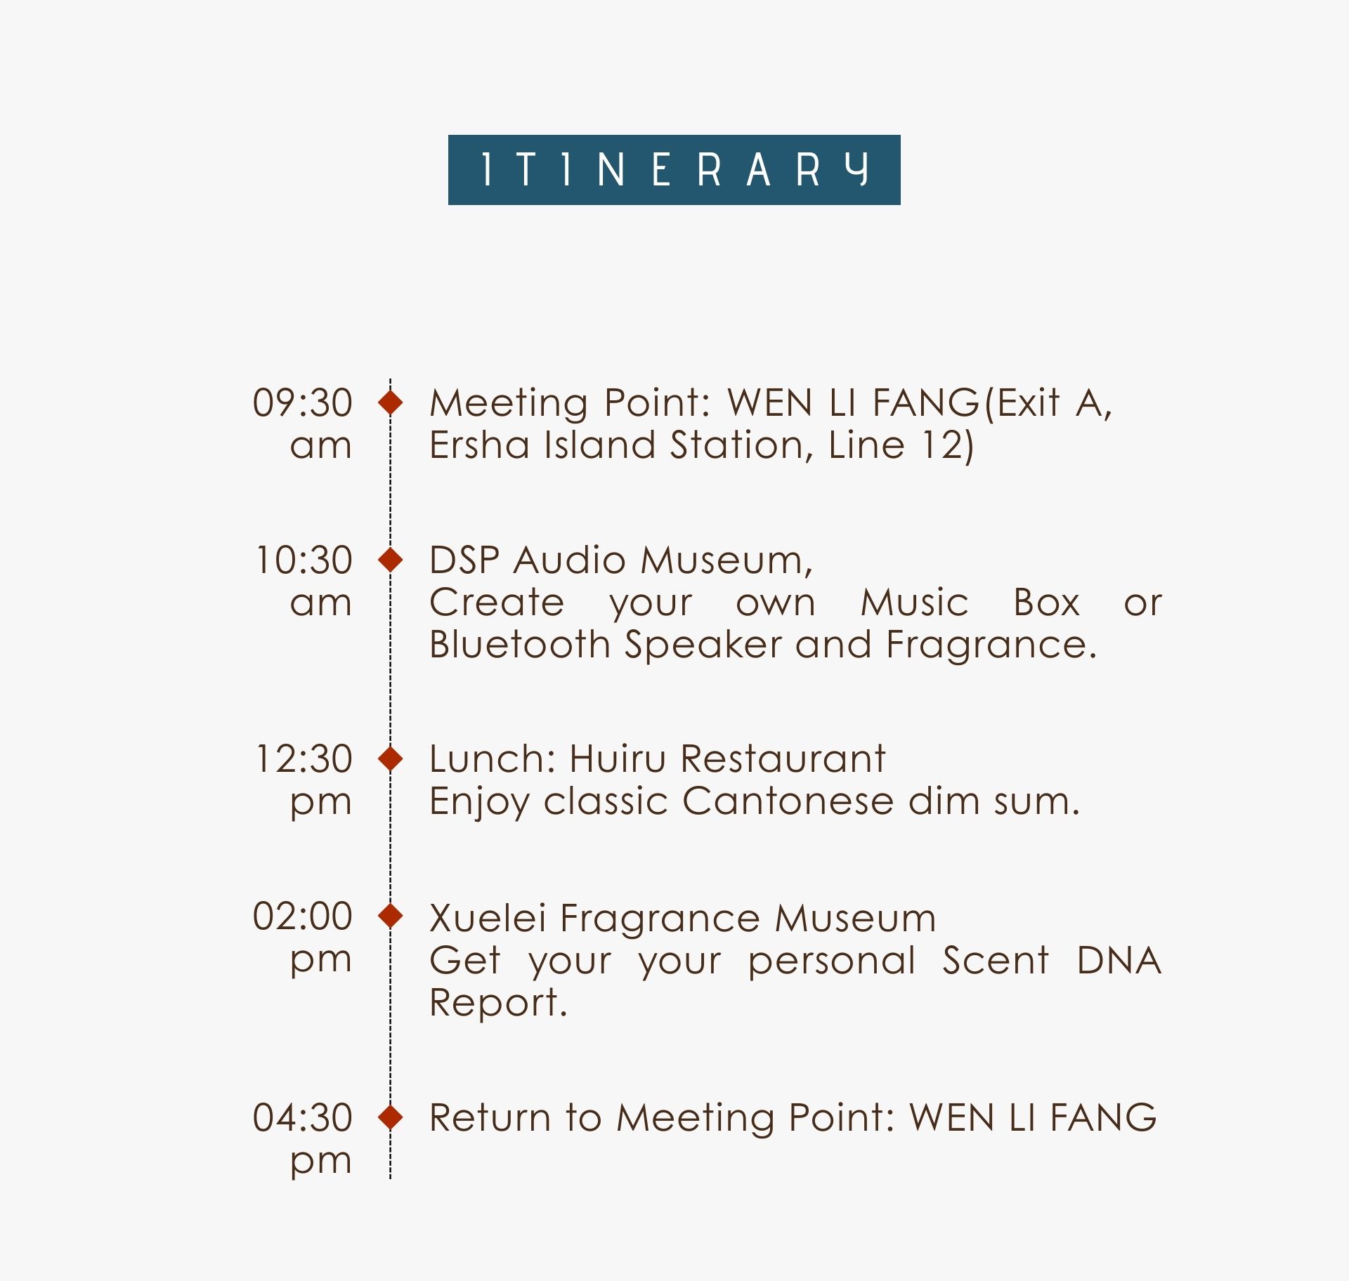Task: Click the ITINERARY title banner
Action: [x=674, y=170]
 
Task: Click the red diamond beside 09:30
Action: [x=391, y=402]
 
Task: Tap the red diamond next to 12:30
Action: [x=391, y=758]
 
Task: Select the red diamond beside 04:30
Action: [x=391, y=1117]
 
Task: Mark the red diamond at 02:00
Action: [x=391, y=916]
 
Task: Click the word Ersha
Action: [x=479, y=445]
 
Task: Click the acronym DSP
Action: [x=464, y=560]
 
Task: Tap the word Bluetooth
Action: [x=520, y=645]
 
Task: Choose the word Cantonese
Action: [x=788, y=801]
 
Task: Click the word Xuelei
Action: [x=488, y=918]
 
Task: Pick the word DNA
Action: [x=1119, y=961]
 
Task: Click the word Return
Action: [x=490, y=1117]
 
